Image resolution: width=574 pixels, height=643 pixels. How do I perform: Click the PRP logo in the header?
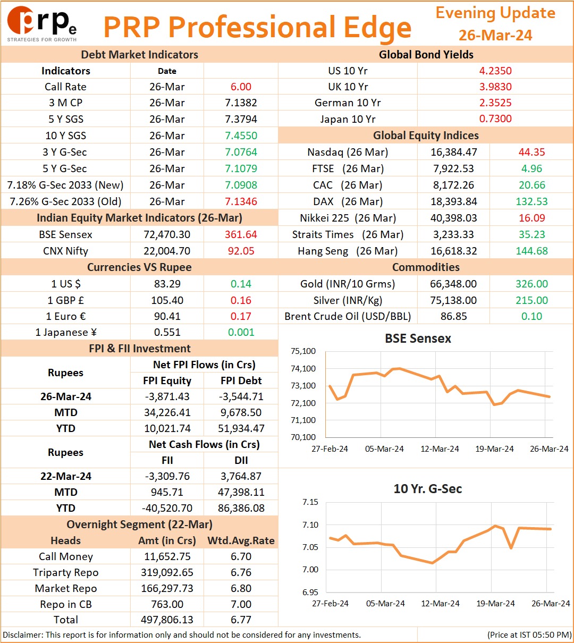click(42, 24)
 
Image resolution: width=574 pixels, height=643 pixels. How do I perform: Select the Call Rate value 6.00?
click(241, 87)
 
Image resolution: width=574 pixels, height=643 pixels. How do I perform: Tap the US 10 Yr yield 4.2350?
click(495, 71)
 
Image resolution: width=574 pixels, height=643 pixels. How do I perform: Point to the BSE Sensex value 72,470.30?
click(167, 234)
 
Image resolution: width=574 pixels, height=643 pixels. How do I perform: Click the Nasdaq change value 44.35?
click(532, 152)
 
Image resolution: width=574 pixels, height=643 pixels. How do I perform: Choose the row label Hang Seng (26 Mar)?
click(348, 251)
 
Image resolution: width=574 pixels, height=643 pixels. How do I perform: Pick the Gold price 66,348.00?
click(453, 283)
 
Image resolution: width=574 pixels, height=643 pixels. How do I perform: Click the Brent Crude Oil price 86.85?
click(454, 316)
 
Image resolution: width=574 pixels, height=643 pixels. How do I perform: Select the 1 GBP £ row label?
click(66, 300)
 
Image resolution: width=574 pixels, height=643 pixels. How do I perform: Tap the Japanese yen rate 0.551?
click(167, 332)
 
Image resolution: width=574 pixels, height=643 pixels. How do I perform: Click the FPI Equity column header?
click(167, 380)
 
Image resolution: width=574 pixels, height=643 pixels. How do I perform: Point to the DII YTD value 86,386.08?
click(241, 508)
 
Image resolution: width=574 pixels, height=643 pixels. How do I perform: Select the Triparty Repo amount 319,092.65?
click(167, 572)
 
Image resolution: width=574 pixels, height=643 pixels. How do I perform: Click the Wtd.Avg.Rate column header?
click(241, 540)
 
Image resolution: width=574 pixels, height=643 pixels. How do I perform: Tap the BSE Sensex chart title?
click(418, 339)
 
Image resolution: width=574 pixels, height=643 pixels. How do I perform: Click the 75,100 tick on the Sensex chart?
click(303, 351)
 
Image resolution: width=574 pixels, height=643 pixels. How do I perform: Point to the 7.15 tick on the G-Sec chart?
click(310, 502)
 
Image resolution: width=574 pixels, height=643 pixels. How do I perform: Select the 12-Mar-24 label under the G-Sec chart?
click(440, 603)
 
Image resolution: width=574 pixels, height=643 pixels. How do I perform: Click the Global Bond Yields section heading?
click(426, 54)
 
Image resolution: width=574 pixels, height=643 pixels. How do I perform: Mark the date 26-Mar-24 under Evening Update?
click(495, 35)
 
